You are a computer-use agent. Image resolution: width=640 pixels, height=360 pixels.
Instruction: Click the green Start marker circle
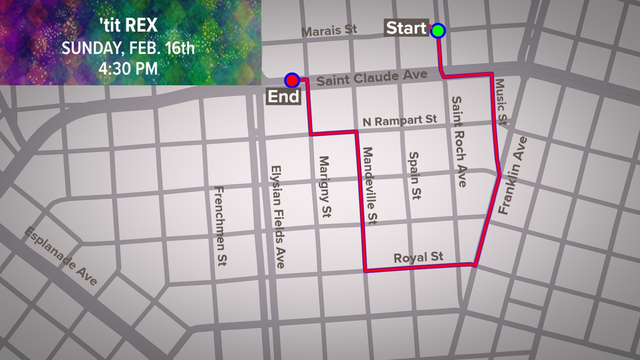(x=438, y=30)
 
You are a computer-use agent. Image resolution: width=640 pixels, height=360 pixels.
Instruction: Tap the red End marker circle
(x=291, y=80)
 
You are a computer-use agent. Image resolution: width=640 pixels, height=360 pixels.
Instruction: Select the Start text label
(x=406, y=29)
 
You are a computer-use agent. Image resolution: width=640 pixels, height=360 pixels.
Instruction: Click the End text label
(x=284, y=96)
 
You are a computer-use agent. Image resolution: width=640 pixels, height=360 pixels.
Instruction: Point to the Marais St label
(x=329, y=30)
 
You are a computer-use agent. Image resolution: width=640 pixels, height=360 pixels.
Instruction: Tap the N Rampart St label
(x=400, y=121)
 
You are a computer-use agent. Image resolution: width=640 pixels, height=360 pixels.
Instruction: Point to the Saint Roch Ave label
(x=459, y=142)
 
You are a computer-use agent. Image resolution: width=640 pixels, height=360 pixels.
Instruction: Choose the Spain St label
(x=415, y=176)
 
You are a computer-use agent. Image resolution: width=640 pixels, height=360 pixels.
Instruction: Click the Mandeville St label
(x=369, y=186)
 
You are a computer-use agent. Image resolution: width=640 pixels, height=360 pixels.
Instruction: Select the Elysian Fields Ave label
(x=278, y=216)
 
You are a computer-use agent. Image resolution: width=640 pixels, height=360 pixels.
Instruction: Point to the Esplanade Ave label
(x=61, y=256)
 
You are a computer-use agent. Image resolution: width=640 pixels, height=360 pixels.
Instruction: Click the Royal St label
(x=418, y=257)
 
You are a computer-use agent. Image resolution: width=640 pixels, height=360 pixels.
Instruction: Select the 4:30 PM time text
(x=129, y=69)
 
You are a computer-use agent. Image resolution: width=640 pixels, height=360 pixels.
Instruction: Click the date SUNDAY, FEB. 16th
(x=129, y=48)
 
